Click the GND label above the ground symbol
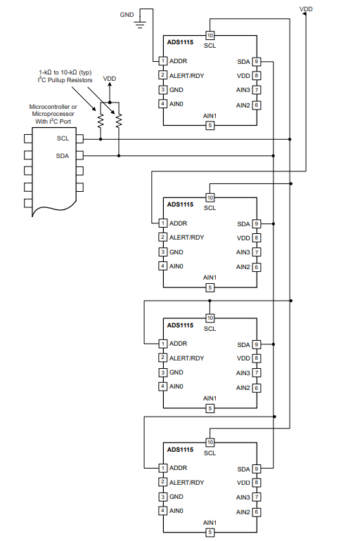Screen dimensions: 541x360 pos(127,13)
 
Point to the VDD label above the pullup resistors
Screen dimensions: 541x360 pos(110,79)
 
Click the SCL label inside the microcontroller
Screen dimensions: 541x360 pos(63,138)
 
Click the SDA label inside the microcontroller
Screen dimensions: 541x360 pos(63,155)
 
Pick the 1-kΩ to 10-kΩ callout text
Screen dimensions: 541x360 pos(65,72)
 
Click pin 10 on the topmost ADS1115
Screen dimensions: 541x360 pos(210,35)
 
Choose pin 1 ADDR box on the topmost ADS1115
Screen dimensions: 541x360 pos(162,60)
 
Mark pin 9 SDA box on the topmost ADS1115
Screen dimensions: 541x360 pos(257,61)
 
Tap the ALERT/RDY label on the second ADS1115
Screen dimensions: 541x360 pos(186,237)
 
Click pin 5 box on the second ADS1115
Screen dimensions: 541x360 pos(210,287)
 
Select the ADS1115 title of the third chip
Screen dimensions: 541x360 pos(180,325)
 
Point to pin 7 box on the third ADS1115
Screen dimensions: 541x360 pos(257,373)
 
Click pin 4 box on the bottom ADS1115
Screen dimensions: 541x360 pos(162,511)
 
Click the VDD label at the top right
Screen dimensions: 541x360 pos(306,10)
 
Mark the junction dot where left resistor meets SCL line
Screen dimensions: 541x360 pos(101,139)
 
